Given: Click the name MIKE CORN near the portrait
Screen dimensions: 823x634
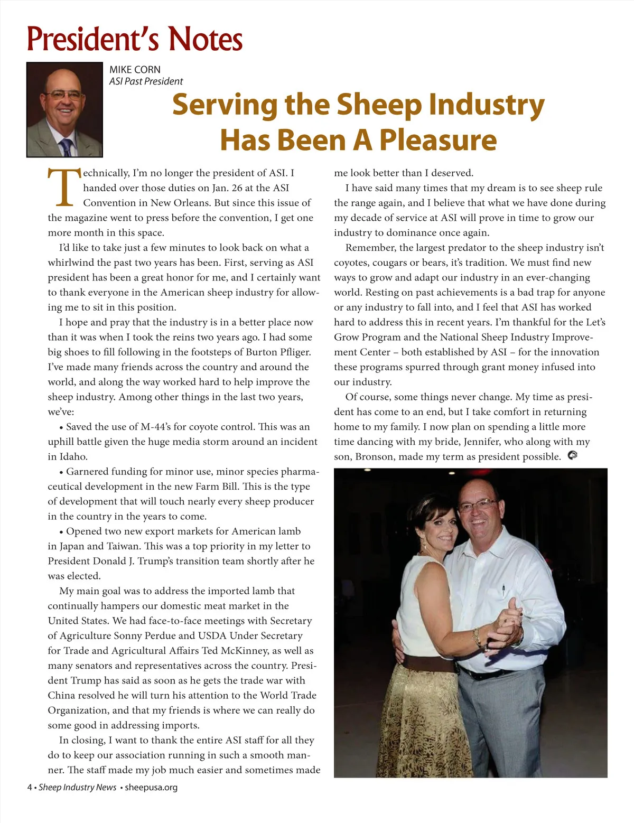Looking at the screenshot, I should (135, 69).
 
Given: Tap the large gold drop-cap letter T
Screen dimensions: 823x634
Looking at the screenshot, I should (64, 188).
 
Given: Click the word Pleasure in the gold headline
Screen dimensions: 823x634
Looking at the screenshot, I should (438, 139).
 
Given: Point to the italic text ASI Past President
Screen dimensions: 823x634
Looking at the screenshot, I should (146, 81).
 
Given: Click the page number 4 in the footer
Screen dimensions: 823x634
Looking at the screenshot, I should (30, 787).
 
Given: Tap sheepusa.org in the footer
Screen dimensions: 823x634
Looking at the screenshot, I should (151, 787).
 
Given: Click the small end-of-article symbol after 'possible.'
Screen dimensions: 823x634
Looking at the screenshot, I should (572, 455).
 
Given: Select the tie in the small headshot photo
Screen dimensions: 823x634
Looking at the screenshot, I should (67, 146).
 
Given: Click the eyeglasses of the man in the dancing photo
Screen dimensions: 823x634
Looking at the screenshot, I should (477, 505).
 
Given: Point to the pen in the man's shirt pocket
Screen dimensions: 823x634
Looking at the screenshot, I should (503, 589).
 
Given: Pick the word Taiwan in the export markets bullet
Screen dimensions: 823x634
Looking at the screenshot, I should (123, 546).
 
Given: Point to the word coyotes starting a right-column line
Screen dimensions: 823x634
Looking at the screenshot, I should (351, 263).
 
